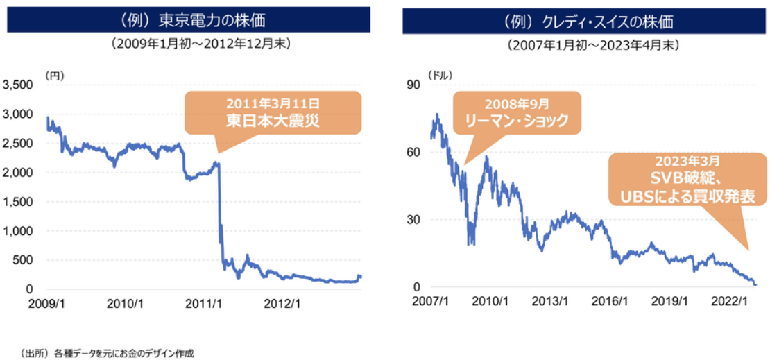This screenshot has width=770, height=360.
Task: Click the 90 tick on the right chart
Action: click(415, 85)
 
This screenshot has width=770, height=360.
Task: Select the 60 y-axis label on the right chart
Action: click(415, 152)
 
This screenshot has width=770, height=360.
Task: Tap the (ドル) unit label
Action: click(438, 76)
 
